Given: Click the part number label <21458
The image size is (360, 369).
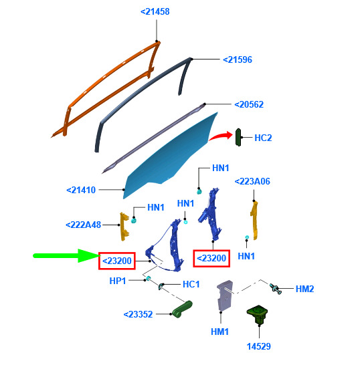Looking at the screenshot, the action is [155, 11].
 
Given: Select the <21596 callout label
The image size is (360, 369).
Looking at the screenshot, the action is [238, 59].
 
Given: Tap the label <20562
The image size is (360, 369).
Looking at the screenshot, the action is [249, 104].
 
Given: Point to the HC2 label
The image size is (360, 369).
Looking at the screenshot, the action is [263, 138].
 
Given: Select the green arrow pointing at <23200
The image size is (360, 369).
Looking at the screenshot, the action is [67, 255].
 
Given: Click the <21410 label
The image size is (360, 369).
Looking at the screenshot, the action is [81, 190].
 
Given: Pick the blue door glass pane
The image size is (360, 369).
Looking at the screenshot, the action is [170, 158].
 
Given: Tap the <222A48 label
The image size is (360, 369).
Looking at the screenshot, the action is [84, 225].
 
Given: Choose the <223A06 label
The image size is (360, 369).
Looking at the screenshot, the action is [252, 181].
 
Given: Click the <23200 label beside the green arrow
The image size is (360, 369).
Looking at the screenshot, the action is [117, 261].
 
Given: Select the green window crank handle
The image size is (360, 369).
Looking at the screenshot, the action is [182, 309].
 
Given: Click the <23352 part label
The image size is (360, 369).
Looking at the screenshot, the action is [138, 314].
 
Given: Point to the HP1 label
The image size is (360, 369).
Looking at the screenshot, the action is [118, 281].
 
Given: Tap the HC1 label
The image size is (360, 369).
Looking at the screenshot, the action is [191, 284].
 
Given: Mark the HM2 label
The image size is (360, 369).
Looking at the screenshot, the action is [305, 289].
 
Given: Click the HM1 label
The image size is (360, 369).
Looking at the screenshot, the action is [220, 332].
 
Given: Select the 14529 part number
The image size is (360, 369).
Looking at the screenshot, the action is [259, 346].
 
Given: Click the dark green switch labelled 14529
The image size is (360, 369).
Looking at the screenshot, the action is [257, 315].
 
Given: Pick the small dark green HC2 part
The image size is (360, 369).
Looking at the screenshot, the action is [238, 138].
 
